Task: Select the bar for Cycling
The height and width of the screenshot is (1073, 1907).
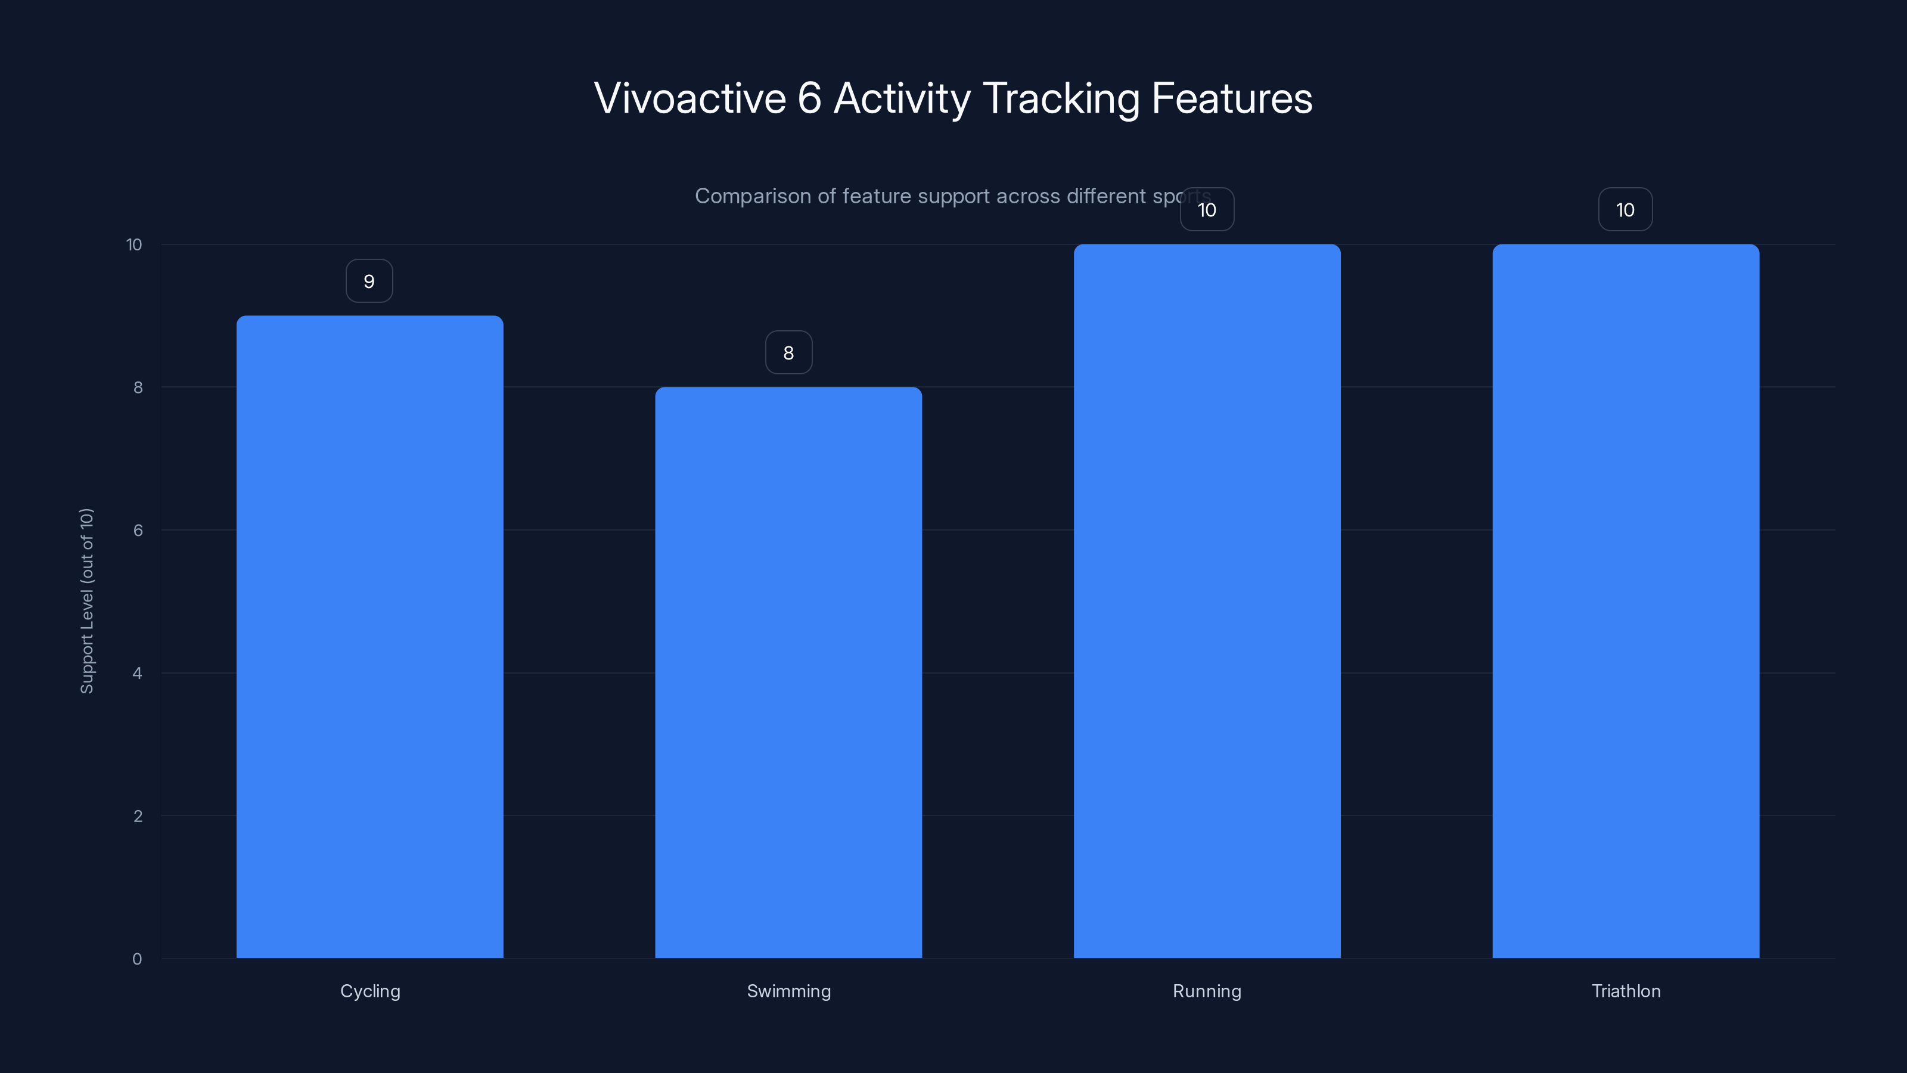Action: pos(369,637)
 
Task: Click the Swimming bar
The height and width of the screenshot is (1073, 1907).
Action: pos(788,672)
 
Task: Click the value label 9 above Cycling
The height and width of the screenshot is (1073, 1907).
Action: pos(369,281)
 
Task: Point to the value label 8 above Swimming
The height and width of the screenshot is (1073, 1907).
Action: pos(788,353)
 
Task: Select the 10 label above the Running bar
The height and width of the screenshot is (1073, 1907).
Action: pos(1207,210)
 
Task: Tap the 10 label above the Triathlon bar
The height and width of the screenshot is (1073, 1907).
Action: pos(1625,210)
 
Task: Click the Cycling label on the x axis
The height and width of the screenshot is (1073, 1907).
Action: pos(370,991)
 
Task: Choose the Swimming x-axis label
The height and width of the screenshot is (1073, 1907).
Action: pos(788,991)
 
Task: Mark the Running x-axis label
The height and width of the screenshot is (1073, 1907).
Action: pos(1207,991)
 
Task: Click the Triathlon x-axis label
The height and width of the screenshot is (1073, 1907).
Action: pos(1626,991)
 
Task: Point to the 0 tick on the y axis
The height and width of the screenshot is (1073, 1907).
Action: pos(137,959)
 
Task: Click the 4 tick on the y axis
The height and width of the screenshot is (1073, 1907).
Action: pos(137,673)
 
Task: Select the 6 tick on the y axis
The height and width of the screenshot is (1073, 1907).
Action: pos(138,530)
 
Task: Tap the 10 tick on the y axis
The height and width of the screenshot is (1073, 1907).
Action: pos(134,244)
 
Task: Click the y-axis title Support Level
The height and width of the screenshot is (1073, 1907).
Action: pos(86,600)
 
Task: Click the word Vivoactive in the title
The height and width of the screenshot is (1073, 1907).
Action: pos(689,98)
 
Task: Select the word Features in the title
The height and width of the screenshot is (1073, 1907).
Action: pos(1232,98)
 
